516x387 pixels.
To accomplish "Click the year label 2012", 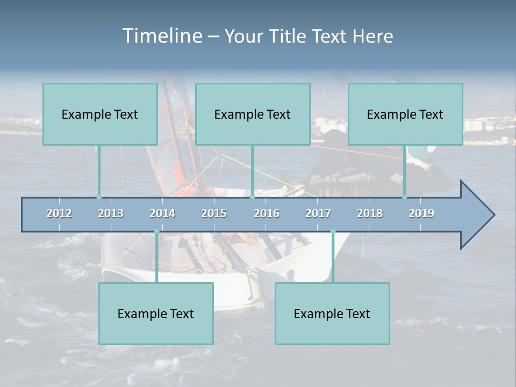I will click(59, 213).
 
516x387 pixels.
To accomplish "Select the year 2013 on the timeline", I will click(111, 213).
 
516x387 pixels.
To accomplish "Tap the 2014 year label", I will click(162, 213).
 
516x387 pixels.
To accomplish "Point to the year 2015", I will click(214, 213).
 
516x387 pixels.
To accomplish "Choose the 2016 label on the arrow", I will click(267, 213).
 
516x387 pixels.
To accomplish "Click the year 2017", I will click(318, 213).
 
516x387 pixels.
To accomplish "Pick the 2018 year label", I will click(370, 213).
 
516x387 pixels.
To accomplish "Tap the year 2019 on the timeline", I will click(421, 213).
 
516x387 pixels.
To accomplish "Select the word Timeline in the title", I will click(162, 36).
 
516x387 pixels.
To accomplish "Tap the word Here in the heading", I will click(372, 37).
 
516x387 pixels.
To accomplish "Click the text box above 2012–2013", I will click(100, 114).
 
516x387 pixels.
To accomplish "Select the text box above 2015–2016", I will click(253, 114).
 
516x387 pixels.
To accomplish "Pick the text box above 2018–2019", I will click(405, 114).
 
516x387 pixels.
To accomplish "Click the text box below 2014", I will click(156, 313).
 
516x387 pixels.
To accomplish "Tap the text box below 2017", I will click(332, 313).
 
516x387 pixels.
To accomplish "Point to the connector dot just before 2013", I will click(99, 197).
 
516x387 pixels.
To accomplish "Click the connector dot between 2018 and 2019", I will click(405, 197).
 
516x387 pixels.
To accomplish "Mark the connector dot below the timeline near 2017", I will click(333, 232).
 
